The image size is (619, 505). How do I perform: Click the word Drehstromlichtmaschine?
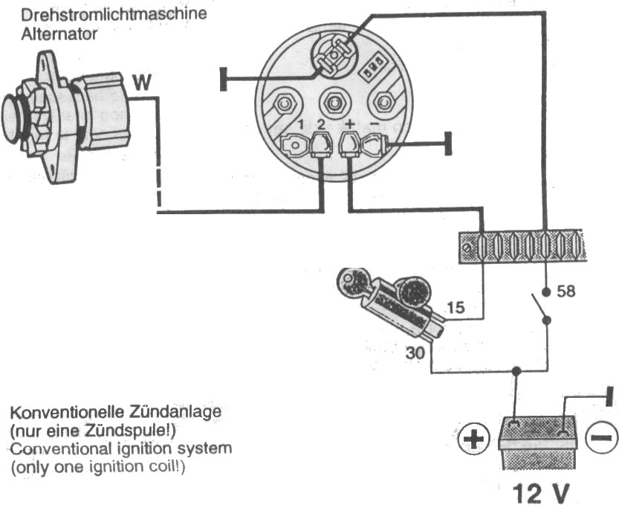[x=114, y=15]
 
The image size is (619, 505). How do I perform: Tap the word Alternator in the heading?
[x=59, y=34]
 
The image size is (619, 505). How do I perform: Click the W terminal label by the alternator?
[x=142, y=83]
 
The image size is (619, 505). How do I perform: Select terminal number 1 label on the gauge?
[x=301, y=125]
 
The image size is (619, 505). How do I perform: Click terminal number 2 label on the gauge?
[x=321, y=125]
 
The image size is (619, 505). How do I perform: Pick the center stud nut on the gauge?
[x=334, y=103]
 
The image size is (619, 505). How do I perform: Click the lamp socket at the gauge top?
[x=334, y=55]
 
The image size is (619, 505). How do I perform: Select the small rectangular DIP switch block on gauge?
[x=372, y=65]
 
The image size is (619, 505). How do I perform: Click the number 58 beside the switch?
[x=566, y=292]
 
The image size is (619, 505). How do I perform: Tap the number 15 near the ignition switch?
[x=456, y=307]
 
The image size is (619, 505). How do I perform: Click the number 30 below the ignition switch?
[x=415, y=353]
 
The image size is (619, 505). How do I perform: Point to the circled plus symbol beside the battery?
[x=474, y=439]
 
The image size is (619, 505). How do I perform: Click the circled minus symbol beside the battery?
[x=601, y=437]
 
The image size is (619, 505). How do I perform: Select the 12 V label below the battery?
[x=541, y=493]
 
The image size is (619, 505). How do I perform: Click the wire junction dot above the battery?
[x=516, y=371]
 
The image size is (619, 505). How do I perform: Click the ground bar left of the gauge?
[x=224, y=80]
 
